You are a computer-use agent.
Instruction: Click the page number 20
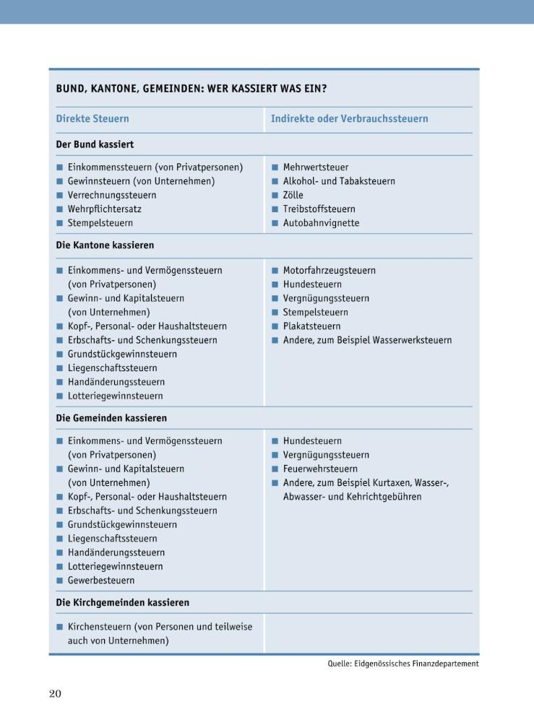coord(55,694)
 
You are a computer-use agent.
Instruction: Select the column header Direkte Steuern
coord(92,118)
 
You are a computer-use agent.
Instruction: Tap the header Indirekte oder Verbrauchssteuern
coord(349,118)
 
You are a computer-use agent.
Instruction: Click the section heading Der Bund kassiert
coord(95,144)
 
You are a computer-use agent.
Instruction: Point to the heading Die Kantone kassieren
coord(105,245)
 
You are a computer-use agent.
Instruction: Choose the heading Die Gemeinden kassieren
coord(111,418)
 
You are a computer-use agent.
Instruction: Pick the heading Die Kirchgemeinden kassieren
coord(123,602)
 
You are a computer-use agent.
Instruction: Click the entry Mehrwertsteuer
coord(316,168)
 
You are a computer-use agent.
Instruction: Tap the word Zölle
coord(293,195)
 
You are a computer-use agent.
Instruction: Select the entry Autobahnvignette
coord(321,223)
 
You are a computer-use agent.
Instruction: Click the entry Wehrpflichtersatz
coord(105,209)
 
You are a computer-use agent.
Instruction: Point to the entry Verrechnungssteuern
coord(112,195)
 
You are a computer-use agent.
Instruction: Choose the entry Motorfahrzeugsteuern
coord(330,271)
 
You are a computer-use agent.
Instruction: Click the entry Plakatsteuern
coord(311,326)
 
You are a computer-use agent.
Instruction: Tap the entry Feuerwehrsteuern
coord(320,469)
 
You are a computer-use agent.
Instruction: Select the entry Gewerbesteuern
coord(101,580)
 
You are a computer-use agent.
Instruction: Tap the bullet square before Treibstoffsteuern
coord(275,209)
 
